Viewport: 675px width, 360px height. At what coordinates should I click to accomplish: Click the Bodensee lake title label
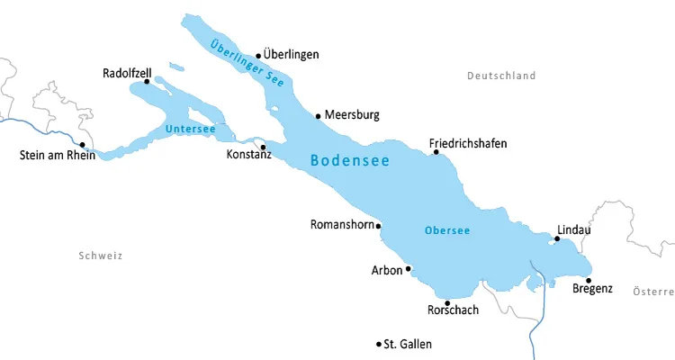[349, 161]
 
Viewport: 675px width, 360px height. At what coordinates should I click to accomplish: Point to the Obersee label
[447, 230]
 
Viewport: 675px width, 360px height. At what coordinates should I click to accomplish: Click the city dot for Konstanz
[263, 147]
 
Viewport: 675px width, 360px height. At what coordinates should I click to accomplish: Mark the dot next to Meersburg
[318, 115]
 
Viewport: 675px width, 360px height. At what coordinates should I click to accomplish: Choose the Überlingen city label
[292, 55]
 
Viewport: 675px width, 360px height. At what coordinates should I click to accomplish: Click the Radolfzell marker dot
[148, 82]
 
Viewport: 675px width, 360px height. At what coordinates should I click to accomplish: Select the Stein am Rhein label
[57, 155]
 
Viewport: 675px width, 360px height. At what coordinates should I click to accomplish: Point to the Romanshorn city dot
[379, 226]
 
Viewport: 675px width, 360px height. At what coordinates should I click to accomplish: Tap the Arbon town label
[386, 269]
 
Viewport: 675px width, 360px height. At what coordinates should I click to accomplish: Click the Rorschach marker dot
[447, 302]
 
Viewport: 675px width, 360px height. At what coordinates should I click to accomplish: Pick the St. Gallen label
[408, 344]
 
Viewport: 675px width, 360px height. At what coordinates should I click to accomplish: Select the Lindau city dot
[557, 238]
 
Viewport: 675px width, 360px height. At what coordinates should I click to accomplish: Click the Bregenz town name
[592, 289]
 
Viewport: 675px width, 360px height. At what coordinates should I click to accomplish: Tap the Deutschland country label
[501, 76]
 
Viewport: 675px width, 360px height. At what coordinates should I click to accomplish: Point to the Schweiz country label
[100, 256]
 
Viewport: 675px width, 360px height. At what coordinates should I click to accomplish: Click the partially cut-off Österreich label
[653, 292]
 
